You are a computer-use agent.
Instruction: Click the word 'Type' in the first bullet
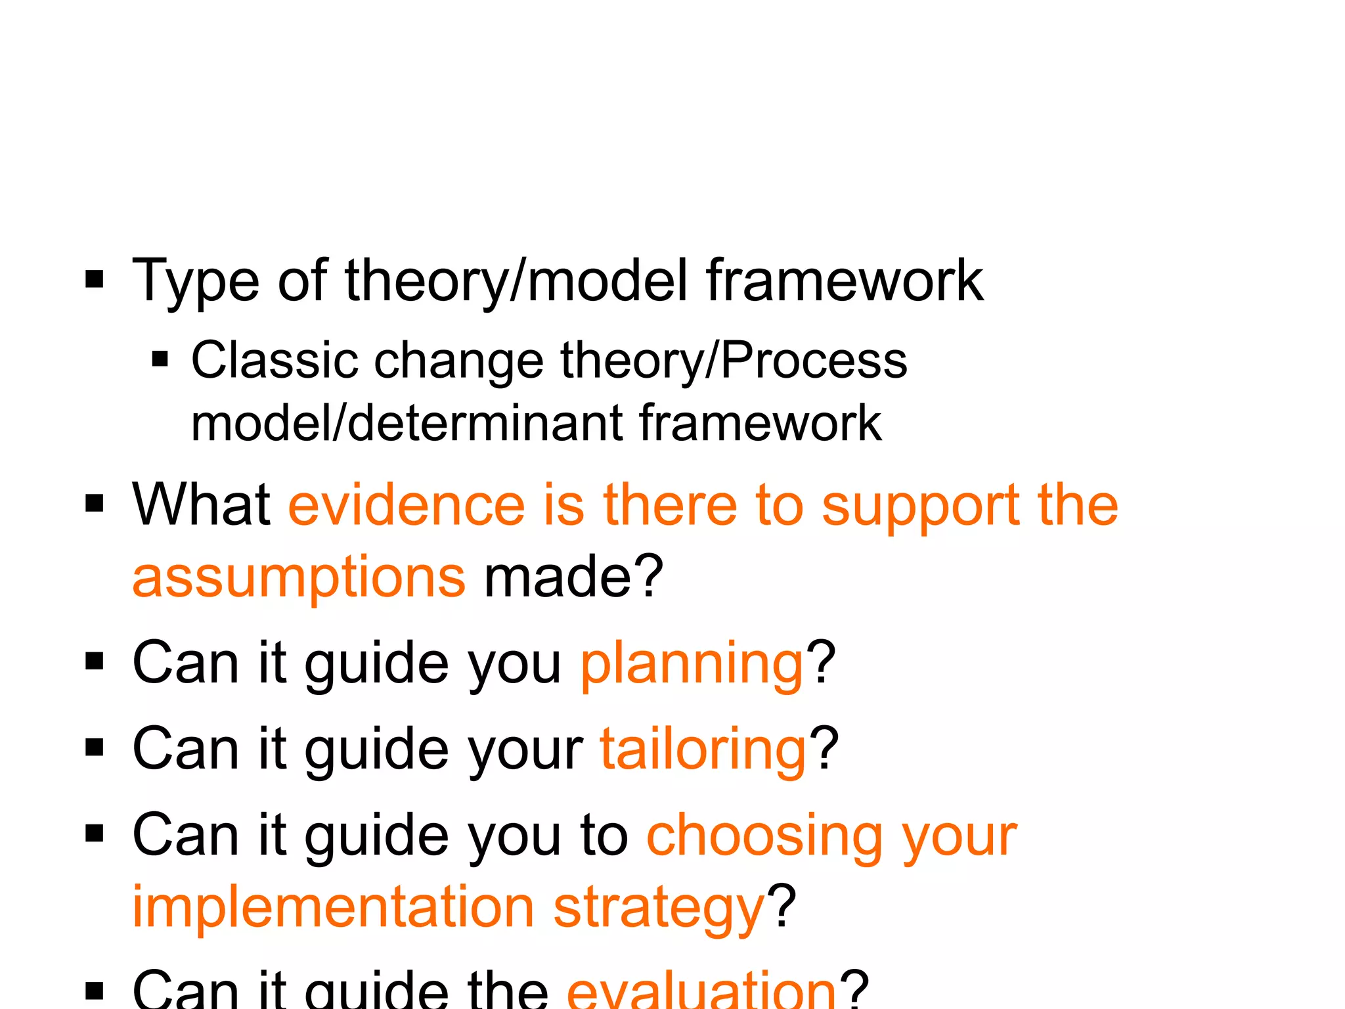pos(196,281)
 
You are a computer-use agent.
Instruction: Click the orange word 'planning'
pos(692,665)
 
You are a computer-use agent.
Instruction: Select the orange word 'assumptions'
pos(299,577)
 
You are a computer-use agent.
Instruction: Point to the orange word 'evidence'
pos(407,505)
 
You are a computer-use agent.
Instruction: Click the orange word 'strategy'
pos(659,908)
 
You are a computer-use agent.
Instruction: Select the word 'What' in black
pos(202,505)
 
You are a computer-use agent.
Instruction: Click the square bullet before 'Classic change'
pos(160,359)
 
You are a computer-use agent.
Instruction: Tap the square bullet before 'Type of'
pos(95,279)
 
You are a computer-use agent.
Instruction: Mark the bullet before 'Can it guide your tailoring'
pos(95,748)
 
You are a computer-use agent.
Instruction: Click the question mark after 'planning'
pos(821,663)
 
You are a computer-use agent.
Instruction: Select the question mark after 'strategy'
pos(783,907)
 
